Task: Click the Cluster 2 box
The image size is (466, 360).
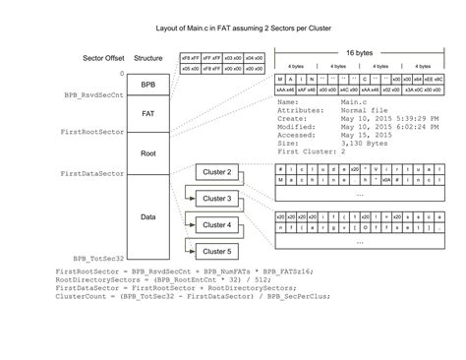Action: click(x=216, y=173)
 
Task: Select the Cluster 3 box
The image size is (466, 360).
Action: click(x=216, y=200)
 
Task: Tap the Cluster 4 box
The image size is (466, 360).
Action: click(x=216, y=225)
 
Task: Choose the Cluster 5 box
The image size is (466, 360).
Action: click(x=216, y=252)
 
